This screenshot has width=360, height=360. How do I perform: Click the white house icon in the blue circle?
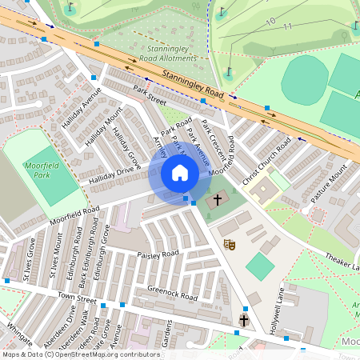(x=180, y=173)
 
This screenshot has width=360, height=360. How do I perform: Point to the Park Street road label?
(x=150, y=96)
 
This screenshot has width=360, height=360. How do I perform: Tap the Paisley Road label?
(x=158, y=254)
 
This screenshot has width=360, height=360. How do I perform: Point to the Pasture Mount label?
(x=329, y=184)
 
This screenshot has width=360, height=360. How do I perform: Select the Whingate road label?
(x=20, y=334)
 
